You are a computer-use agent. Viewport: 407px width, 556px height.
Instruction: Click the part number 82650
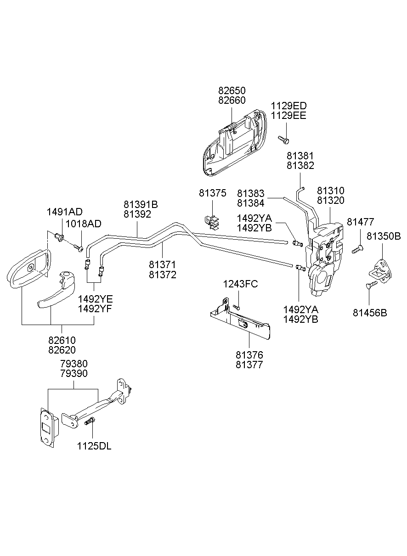(232, 90)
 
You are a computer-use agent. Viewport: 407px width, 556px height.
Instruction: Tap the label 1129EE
(288, 115)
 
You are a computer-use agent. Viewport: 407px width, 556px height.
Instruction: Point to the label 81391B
(140, 204)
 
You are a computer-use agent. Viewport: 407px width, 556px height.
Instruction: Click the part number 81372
(162, 275)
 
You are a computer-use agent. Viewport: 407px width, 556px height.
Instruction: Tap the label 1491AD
(65, 212)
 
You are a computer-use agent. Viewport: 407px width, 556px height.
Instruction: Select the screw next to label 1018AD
(78, 248)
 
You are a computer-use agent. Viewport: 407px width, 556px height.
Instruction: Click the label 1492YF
(95, 309)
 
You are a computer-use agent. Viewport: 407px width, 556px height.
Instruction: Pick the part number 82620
(62, 350)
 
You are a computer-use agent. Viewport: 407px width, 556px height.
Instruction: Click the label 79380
(73, 364)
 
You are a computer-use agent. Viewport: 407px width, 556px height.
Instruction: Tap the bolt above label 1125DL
(90, 420)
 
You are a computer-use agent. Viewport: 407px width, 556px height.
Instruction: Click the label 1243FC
(240, 284)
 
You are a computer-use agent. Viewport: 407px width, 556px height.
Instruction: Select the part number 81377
(249, 365)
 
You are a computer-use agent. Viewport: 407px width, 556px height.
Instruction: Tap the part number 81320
(331, 200)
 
